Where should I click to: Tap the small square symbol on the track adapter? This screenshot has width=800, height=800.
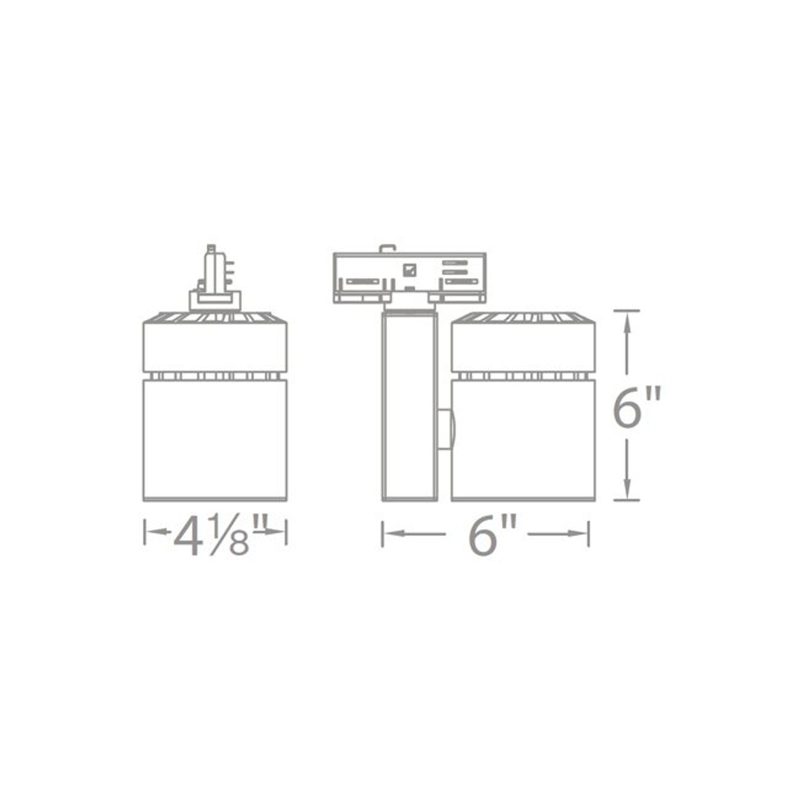pos(410,269)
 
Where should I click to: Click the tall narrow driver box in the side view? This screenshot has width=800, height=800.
pos(409,406)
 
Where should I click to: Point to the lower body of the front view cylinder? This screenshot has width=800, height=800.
pos(215,440)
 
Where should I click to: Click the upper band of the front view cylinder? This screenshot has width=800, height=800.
pos(215,347)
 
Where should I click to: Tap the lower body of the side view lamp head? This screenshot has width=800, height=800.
pos(522,440)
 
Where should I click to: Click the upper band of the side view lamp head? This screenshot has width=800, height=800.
pos(522,347)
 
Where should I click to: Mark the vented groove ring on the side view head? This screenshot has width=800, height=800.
pos(522,376)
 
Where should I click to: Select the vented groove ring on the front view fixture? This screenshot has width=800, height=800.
pos(215,376)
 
